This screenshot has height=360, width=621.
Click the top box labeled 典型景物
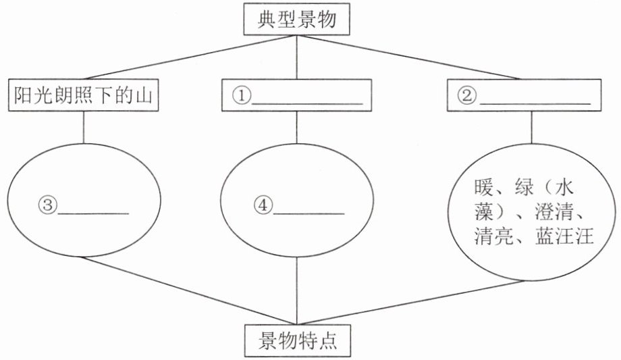[x=296, y=19]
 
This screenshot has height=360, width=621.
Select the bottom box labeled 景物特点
[x=298, y=341]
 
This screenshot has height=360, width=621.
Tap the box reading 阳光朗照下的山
[x=84, y=95]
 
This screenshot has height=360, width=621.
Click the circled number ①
[x=241, y=95]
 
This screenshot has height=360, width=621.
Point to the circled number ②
[x=467, y=95]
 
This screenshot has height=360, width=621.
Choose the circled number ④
[x=263, y=205]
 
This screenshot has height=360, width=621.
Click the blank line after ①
[x=307, y=104]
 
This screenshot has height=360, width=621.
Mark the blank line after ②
[x=535, y=104]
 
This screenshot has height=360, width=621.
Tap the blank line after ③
[x=93, y=213]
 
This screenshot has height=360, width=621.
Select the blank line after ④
[x=309, y=213]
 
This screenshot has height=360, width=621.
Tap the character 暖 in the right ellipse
[x=483, y=187]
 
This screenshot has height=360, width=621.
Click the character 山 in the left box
[x=144, y=95]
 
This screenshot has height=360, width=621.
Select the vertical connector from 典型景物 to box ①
[x=296, y=57]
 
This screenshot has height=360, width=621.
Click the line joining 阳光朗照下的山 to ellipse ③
[x=83, y=127]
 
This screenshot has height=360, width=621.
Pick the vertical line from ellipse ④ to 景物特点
[x=296, y=290]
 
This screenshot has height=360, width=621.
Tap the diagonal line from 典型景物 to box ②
[x=408, y=57]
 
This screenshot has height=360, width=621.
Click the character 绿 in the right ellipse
[x=524, y=187]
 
